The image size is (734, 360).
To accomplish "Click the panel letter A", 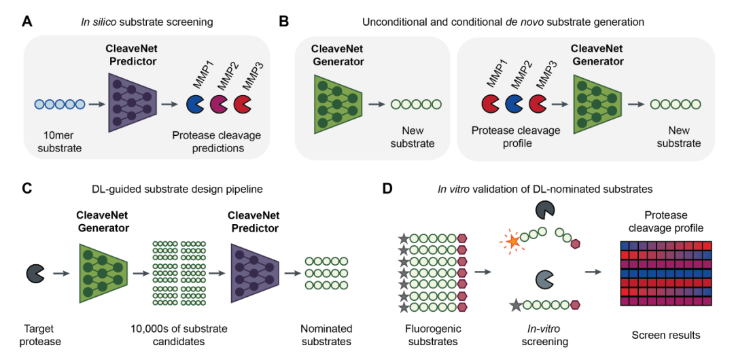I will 27,21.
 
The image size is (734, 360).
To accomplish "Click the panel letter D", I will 387,188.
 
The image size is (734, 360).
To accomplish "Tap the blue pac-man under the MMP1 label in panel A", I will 195,104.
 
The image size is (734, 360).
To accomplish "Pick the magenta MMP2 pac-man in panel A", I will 219,104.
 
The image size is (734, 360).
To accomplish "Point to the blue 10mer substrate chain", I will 60,105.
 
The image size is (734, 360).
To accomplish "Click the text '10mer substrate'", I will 60,142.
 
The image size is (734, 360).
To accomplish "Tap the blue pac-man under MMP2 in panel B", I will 515,104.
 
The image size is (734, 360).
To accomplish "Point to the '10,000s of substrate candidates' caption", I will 179,335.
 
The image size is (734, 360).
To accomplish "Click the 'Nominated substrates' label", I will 326,335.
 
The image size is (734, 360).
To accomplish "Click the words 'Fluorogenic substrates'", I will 432,335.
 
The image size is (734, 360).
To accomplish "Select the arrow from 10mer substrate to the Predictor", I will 97,105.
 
